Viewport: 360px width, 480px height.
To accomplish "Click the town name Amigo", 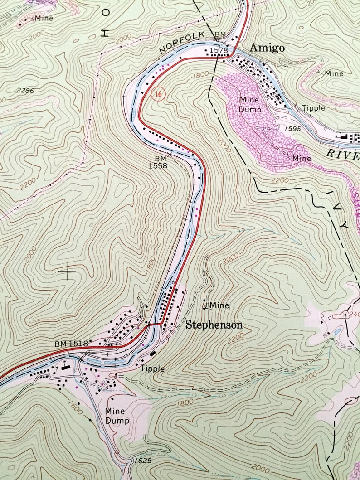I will pos(267,48).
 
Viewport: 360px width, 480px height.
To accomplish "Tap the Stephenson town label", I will pos(214,325).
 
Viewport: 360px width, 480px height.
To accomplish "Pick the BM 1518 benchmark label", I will pos(71,344).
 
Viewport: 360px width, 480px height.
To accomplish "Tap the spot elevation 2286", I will pos(25,91).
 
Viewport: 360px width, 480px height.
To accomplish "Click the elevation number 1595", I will pos(294,129).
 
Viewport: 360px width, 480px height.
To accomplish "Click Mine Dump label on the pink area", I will pos(249,104).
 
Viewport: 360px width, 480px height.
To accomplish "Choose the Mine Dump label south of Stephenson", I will pos(117,416).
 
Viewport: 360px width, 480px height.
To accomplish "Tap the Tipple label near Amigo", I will pos(314,108).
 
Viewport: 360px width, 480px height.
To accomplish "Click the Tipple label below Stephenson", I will pos(152,369).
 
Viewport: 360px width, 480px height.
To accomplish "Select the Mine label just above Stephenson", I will pos(219,305).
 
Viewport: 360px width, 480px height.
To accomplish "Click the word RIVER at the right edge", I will pos(343,154).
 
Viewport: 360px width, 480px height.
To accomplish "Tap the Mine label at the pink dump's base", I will pos(302,158).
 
